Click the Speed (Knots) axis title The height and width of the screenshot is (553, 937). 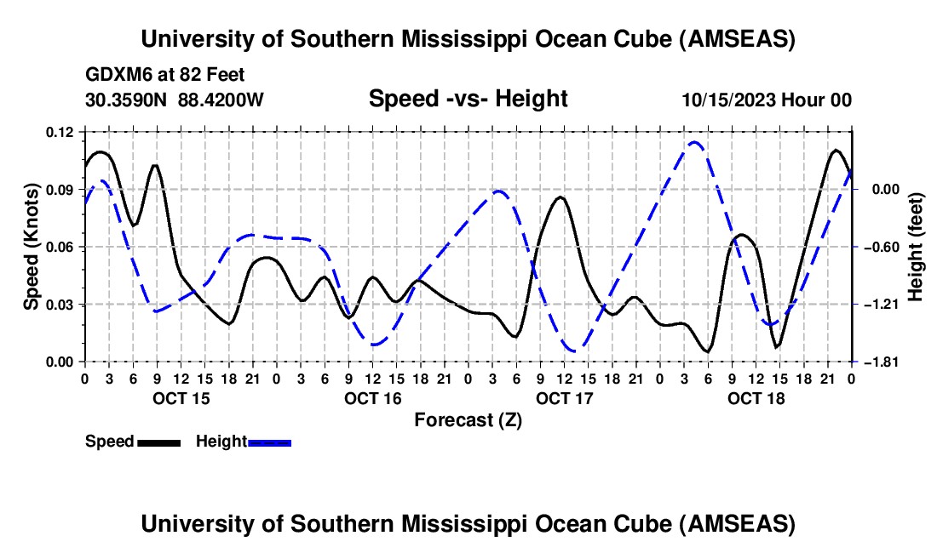(32, 247)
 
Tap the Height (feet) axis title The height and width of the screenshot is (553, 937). (916, 247)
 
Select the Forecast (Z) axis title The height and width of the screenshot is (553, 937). (468, 419)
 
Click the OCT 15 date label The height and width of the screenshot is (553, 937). (181, 398)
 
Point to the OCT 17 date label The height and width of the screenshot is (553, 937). (565, 398)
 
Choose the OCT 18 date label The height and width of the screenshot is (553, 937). (756, 398)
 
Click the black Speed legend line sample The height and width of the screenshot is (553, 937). (158, 442)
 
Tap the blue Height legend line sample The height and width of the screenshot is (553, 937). (270, 442)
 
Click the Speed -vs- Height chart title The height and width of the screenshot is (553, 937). (468, 100)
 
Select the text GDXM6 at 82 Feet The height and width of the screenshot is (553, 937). (165, 75)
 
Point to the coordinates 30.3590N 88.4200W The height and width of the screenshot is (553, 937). (175, 100)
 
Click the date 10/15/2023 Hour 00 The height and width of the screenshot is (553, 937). (767, 100)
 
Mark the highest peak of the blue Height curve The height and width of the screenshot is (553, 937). (694, 142)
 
